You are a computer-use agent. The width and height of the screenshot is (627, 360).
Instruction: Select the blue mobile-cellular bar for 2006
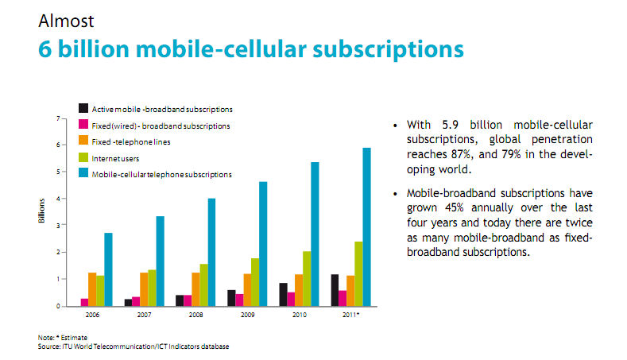pyautogui.click(x=108, y=269)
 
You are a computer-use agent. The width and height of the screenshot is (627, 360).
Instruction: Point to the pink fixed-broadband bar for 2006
pyautogui.click(x=84, y=302)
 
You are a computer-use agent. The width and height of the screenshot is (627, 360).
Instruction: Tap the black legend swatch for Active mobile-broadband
pyautogui.click(x=83, y=108)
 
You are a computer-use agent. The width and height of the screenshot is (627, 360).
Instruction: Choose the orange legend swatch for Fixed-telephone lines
pyautogui.click(x=83, y=141)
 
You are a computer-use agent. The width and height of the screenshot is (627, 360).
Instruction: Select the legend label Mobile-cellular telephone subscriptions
pyautogui.click(x=162, y=173)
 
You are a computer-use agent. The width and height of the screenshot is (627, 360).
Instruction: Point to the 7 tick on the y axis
pyautogui.click(x=56, y=118)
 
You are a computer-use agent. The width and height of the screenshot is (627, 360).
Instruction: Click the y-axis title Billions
pyautogui.click(x=41, y=211)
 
